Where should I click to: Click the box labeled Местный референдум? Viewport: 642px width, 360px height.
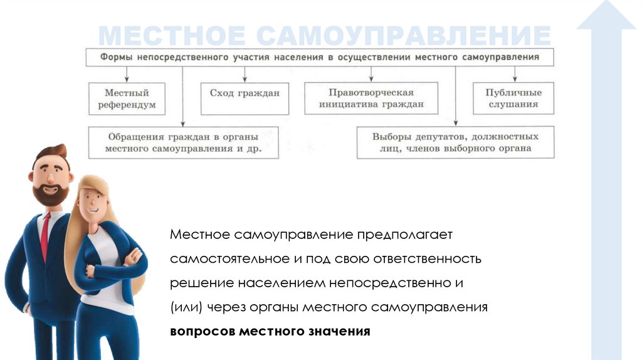point(127,98)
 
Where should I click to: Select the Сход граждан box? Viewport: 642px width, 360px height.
point(245,98)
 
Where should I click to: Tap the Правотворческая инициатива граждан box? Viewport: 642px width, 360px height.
point(372,98)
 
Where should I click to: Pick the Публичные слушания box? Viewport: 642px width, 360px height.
point(513,98)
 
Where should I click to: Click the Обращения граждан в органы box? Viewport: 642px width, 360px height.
point(183,142)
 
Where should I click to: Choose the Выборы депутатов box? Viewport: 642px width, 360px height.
point(455,142)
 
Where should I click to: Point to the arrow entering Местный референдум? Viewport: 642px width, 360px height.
point(127,77)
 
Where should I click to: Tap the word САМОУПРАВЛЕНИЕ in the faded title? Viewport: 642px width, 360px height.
point(404,36)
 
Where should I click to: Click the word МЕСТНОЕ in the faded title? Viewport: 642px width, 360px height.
point(173,36)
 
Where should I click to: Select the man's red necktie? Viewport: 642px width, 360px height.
point(45,236)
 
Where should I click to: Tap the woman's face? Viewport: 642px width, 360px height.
point(94,201)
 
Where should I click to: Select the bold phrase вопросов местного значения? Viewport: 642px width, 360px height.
point(270,331)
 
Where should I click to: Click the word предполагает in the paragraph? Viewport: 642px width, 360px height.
point(404,235)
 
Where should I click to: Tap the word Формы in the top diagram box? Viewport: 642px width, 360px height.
point(117,57)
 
